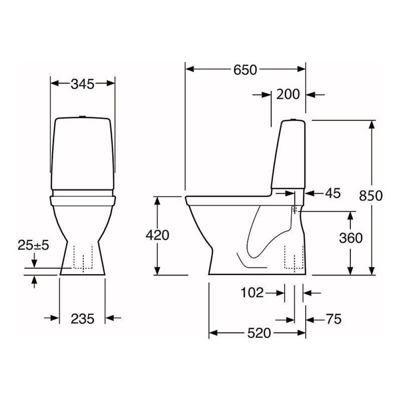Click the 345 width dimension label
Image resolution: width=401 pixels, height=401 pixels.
(x=82, y=84)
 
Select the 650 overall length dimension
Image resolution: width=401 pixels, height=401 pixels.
(x=245, y=70)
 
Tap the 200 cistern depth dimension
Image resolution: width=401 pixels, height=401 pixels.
(x=288, y=95)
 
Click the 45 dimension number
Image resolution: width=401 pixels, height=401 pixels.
(x=332, y=193)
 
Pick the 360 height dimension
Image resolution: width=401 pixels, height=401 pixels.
(x=350, y=238)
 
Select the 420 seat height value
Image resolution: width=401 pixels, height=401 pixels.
(x=157, y=236)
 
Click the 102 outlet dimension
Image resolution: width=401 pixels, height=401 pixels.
(x=252, y=293)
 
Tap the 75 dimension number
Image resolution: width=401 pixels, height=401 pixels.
(x=333, y=319)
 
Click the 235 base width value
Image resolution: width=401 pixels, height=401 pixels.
(x=82, y=319)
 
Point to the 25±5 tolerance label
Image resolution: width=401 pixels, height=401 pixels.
(x=33, y=245)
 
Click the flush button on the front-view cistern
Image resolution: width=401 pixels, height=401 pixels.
(x=83, y=117)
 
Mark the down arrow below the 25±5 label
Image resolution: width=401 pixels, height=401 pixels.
(x=34, y=263)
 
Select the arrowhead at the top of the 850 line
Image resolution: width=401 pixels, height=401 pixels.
(x=373, y=124)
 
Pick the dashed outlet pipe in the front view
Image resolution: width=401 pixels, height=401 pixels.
(x=83, y=257)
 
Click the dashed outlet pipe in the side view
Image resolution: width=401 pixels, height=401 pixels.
(x=293, y=257)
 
